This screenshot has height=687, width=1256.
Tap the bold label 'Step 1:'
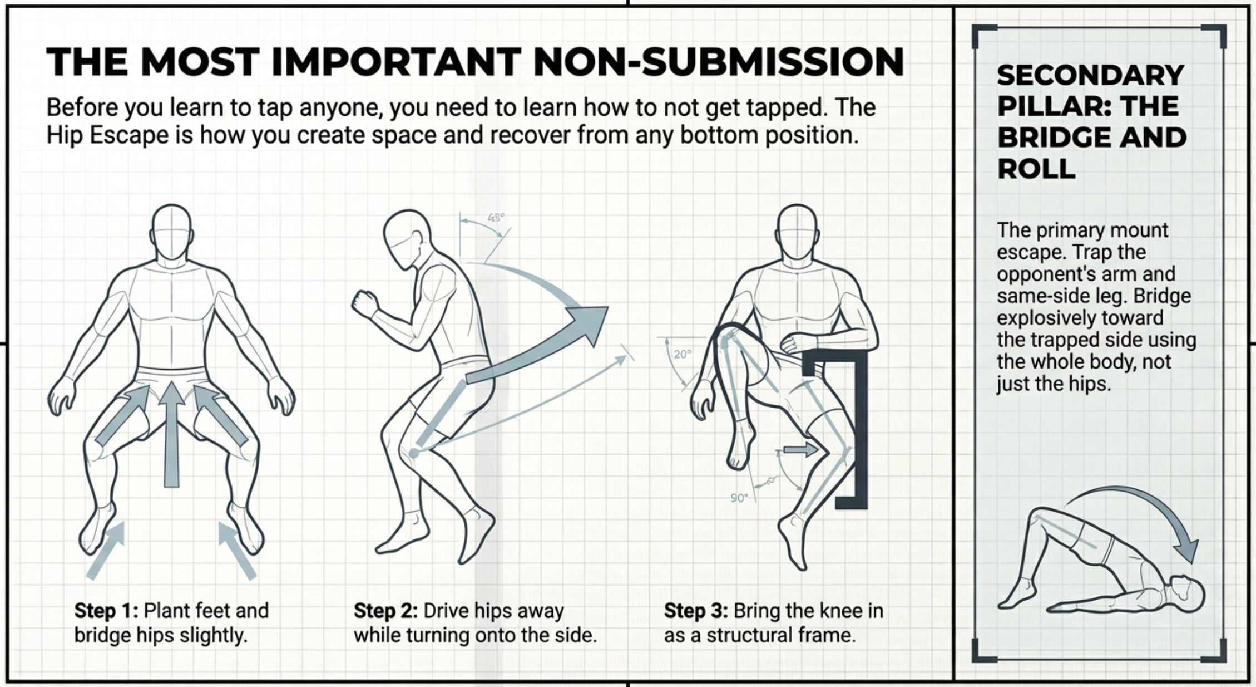tap(106, 611)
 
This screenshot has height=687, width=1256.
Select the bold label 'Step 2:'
tap(385, 611)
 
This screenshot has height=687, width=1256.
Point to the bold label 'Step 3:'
tap(695, 611)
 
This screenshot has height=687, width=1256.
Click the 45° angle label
tap(496, 217)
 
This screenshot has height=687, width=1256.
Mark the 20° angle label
tap(683, 354)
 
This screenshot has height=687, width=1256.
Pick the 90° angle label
tap(739, 498)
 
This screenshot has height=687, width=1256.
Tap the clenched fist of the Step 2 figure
tap(364, 304)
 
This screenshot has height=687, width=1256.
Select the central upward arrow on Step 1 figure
tap(172, 434)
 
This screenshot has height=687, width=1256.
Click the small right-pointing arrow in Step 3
tap(801, 449)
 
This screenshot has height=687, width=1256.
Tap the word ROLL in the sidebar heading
tap(1036, 169)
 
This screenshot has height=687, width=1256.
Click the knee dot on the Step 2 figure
tap(413, 453)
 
